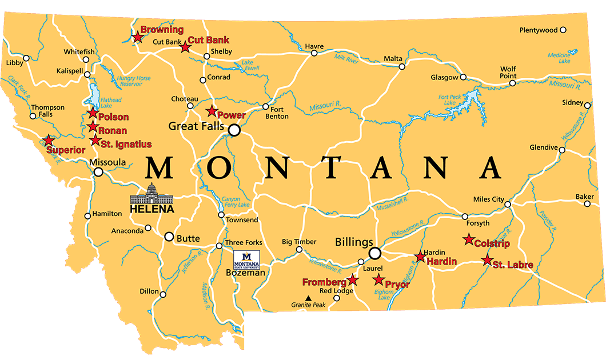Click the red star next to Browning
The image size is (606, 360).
pos(137,38)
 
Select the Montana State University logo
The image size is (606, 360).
pos(248,261)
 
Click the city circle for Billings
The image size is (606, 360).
pos(375,253)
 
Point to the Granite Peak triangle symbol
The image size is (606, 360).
pos(308,298)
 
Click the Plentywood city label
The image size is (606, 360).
pos(538,30)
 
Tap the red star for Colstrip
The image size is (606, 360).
pos(469,239)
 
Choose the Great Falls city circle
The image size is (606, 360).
pos(234,131)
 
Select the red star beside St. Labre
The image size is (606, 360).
pos(487,261)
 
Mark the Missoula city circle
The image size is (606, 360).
pos(98,171)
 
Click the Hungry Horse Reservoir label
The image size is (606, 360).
pos(134,81)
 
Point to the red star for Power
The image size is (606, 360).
pos(212,111)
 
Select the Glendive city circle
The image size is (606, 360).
pos(562,150)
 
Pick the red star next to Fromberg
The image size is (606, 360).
pos(353,279)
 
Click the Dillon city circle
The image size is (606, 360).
pos(163,295)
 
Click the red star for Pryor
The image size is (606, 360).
pos(378,279)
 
